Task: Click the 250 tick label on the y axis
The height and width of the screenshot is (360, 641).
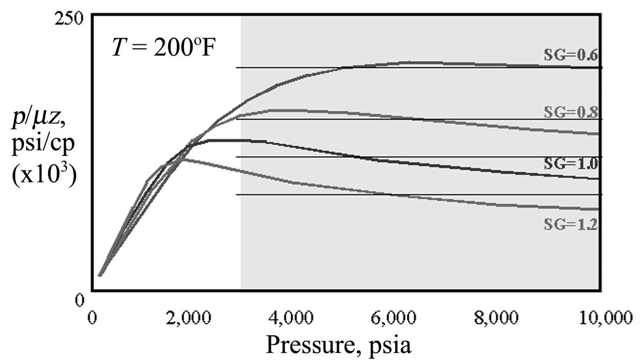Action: [x=71, y=17]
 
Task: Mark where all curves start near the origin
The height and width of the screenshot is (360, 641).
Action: [x=100, y=274]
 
